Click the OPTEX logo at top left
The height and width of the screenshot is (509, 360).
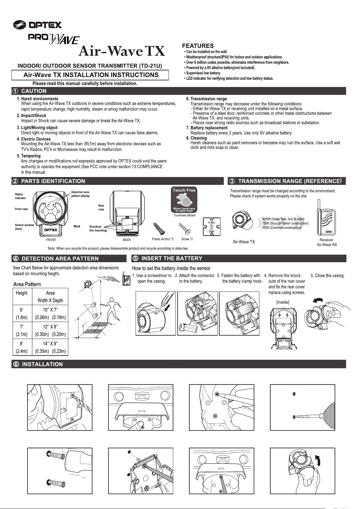click(37, 24)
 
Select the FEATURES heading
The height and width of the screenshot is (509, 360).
click(198, 46)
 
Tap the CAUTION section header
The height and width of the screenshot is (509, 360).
click(34, 91)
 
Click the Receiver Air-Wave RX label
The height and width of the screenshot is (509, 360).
click(326, 242)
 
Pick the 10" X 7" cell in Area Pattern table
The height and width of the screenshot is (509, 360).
click(50, 310)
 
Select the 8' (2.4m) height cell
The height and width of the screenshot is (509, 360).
click(22, 347)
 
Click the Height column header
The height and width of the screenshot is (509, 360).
click(22, 293)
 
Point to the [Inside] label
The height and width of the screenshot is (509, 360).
click(282, 302)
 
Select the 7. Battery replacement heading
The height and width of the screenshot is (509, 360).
click(207, 128)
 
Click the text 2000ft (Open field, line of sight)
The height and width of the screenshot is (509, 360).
click(283, 219)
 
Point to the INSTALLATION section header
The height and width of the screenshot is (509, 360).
click(42, 364)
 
